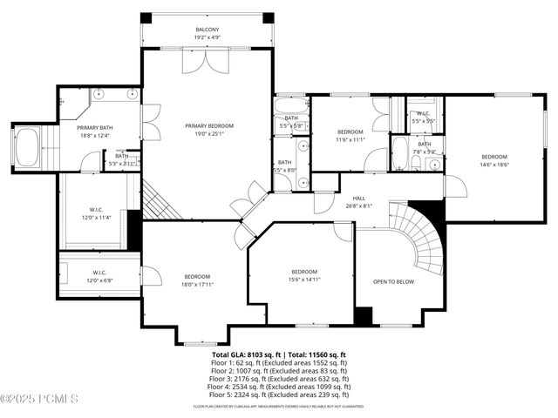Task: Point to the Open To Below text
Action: (393, 281)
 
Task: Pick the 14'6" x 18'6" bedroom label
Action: (493, 160)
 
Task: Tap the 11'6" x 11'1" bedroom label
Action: (350, 135)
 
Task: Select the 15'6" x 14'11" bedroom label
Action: (304, 275)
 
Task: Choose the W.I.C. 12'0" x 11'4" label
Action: (96, 213)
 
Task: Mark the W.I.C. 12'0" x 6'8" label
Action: (99, 276)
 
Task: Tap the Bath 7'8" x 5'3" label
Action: (424, 148)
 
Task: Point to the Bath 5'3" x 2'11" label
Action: (122, 159)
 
